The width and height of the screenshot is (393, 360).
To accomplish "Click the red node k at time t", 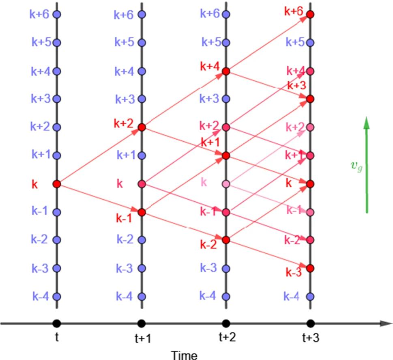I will pyautogui.click(x=57, y=184).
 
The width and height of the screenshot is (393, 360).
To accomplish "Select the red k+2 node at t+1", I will pyautogui.click(x=142, y=127).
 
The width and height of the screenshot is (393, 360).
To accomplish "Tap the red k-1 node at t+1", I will pyautogui.click(x=142, y=212).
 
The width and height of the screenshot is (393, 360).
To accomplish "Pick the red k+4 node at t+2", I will pyautogui.click(x=226, y=71).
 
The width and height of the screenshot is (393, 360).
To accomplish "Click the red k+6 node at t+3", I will pyautogui.click(x=310, y=15).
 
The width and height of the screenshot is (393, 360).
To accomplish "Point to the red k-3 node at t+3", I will pyautogui.click(x=310, y=268).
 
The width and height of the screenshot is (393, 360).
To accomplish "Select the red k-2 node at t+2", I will pyautogui.click(x=226, y=239).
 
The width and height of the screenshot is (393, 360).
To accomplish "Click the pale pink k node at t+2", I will pyautogui.click(x=226, y=184).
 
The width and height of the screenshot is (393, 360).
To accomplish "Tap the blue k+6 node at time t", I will pyautogui.click(x=57, y=15).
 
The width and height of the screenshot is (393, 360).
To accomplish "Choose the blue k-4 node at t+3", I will pyautogui.click(x=310, y=296).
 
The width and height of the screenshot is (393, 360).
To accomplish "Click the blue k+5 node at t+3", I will pyautogui.click(x=310, y=43).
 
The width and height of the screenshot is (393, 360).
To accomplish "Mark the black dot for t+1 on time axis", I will pyautogui.click(x=142, y=323).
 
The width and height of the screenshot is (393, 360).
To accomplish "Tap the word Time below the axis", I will pyautogui.click(x=184, y=355).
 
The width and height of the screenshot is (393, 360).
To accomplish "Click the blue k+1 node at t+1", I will pyautogui.click(x=142, y=155).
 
